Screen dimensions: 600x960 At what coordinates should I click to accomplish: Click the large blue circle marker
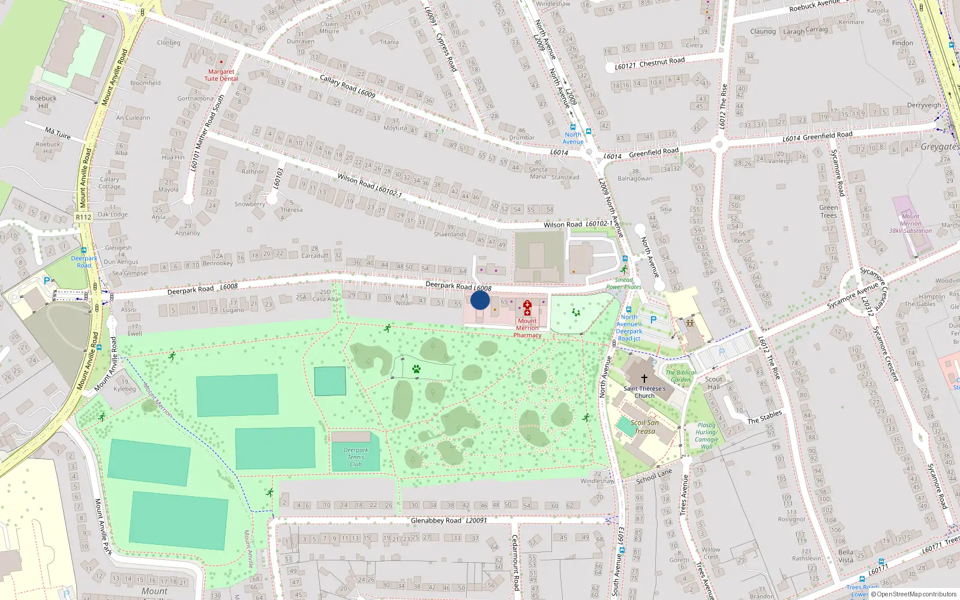[x=480, y=300]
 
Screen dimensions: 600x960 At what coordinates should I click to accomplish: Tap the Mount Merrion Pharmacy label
[x=527, y=328]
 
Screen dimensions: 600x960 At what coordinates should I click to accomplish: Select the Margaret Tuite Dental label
[x=221, y=75]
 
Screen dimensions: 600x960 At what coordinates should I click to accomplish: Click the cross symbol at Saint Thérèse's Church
[x=644, y=379]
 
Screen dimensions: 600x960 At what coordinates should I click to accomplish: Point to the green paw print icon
[x=416, y=369]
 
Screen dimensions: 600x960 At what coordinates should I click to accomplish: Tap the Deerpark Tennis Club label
[x=356, y=457]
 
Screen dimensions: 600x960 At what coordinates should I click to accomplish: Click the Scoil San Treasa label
[x=644, y=427]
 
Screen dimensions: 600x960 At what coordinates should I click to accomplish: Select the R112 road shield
[x=83, y=217]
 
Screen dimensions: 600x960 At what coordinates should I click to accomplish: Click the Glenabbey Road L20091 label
[x=449, y=520]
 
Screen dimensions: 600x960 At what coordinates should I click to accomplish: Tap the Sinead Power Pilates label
[x=623, y=283]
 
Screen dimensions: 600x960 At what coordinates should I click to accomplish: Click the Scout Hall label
[x=713, y=383]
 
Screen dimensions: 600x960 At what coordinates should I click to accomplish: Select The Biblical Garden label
[x=681, y=376]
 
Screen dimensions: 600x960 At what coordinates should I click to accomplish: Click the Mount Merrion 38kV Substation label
[x=910, y=223]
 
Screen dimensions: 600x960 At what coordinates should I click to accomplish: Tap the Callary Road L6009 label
[x=347, y=86]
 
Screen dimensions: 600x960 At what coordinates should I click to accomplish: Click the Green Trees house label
[x=829, y=211]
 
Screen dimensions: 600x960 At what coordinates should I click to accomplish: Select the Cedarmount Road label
[x=515, y=562]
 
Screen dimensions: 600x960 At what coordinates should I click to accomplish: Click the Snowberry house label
[x=250, y=204]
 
